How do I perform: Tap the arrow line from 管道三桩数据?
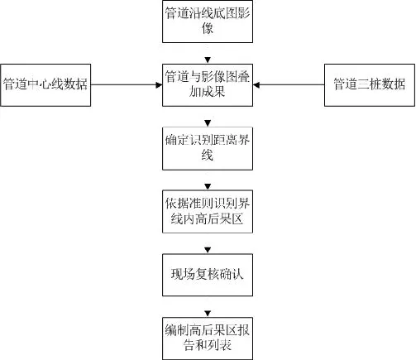[x=289, y=85]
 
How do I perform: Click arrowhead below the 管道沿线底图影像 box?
[x=208, y=60]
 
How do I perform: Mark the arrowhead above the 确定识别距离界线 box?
[x=208, y=123]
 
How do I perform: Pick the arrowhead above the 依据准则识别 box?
[x=208, y=186]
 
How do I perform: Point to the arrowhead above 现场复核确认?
[x=208, y=250]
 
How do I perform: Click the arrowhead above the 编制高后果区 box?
[x=208, y=314]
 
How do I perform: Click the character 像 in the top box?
[x=208, y=28]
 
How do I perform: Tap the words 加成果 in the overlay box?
[x=207, y=92]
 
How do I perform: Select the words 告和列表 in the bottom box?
[x=208, y=345]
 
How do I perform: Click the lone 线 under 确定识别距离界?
[x=208, y=155]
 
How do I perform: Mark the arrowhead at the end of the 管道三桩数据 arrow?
[x=256, y=85]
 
